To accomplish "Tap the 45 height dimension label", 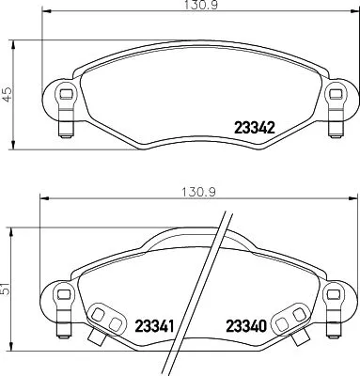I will coord(8,94).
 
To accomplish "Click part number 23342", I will coord(253,130).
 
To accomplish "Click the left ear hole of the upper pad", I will coord(64,94).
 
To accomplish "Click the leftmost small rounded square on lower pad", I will coord(98,314).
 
